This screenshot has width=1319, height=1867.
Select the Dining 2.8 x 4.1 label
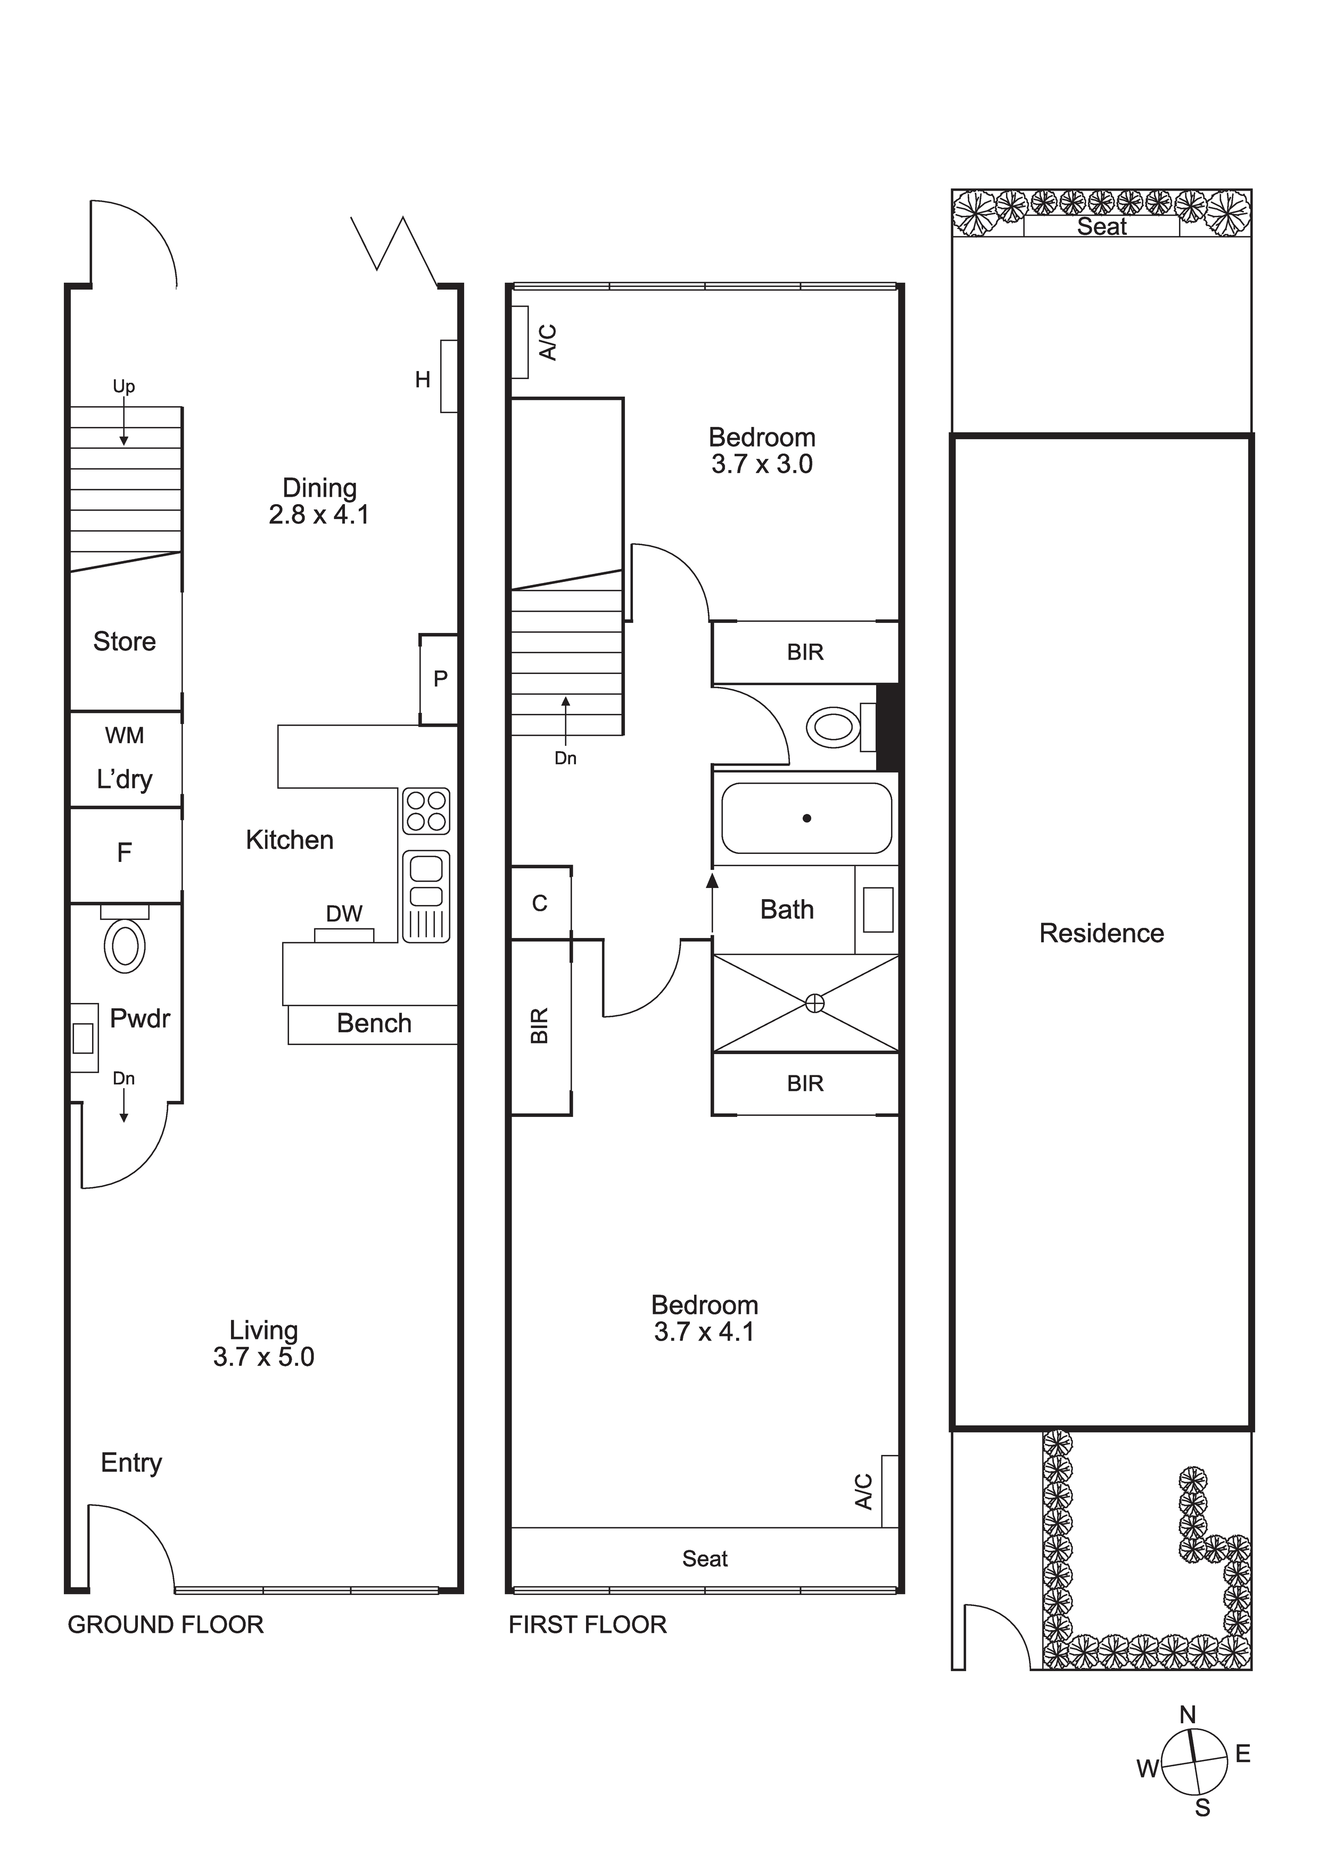pos(319,501)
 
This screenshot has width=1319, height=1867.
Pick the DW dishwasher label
pos(344,914)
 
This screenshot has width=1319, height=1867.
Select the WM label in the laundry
pos(125,736)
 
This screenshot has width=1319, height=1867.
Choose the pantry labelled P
pos(439,680)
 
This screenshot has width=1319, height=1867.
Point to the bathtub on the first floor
pos(807,818)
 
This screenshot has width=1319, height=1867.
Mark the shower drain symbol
pos(814,1004)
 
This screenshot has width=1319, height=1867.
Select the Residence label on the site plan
pos(1101,934)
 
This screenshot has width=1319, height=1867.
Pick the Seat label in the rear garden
pos(1102,227)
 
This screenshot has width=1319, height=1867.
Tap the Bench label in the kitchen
pos(374,1023)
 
